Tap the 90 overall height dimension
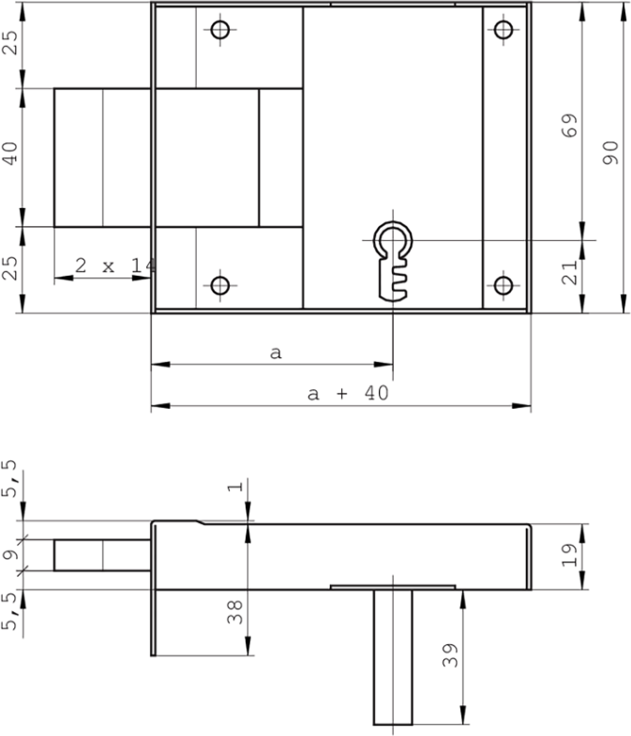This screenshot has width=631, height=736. [x=610, y=153]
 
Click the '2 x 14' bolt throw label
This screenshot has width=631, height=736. [x=114, y=266]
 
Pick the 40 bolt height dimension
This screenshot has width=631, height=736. [x=12, y=154]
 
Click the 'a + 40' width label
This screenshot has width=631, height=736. [x=348, y=394]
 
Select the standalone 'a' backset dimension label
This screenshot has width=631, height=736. [x=275, y=353]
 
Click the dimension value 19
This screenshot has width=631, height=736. [x=568, y=558]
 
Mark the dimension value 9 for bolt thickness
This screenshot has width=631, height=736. [x=10, y=554]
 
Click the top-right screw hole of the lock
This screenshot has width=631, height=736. [x=504, y=31]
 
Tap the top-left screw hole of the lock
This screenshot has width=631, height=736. [x=220, y=31]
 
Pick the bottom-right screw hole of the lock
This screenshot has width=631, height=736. [x=504, y=285]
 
